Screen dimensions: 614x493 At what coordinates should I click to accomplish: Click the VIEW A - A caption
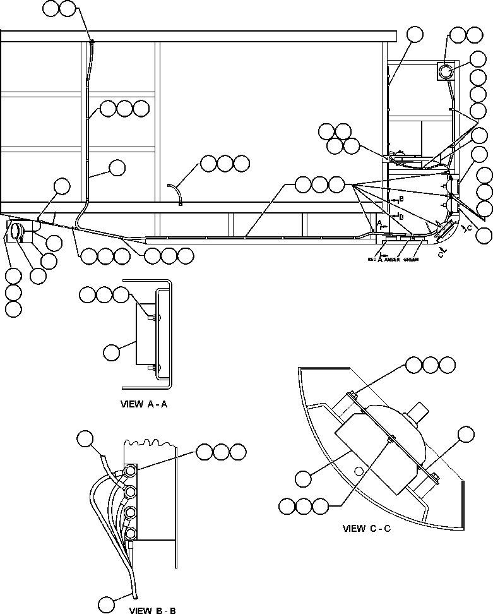click(x=143, y=405)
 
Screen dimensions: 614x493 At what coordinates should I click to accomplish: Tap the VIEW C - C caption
click(x=367, y=527)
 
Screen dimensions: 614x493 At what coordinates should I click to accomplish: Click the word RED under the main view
click(x=372, y=259)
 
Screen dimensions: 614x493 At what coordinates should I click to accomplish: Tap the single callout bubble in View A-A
click(x=112, y=353)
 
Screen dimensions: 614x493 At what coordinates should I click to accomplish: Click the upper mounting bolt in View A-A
click(x=154, y=318)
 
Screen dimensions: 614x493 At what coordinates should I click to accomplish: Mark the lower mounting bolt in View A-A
click(x=154, y=368)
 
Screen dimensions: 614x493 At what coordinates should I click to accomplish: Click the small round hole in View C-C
click(x=358, y=470)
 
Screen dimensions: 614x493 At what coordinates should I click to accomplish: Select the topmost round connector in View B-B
click(x=131, y=471)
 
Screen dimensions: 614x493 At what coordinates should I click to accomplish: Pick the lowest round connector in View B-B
click(x=130, y=534)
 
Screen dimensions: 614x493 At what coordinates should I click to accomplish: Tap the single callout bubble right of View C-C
click(x=466, y=434)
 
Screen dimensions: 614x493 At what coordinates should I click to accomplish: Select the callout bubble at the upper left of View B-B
click(x=85, y=439)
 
